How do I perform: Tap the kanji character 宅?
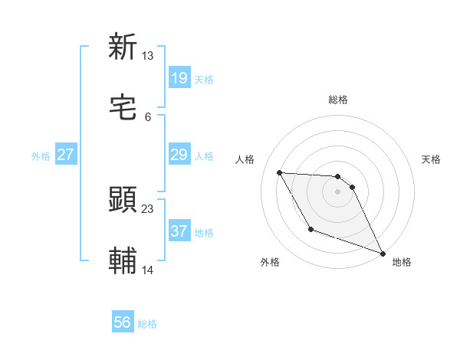click(x=123, y=109)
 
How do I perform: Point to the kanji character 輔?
click(x=123, y=261)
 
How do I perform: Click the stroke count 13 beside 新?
click(x=148, y=56)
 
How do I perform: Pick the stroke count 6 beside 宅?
click(x=148, y=117)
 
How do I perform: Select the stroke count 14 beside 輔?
click(x=148, y=270)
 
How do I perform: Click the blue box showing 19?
click(x=179, y=77)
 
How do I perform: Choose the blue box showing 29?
click(x=179, y=155)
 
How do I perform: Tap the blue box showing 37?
click(x=179, y=231)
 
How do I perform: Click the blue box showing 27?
click(x=66, y=155)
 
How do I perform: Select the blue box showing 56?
click(x=123, y=322)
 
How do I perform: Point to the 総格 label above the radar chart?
click(x=338, y=100)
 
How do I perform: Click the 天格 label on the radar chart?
click(x=431, y=159)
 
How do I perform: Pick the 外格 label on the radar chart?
click(x=270, y=262)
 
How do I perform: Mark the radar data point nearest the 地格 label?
click(x=383, y=253)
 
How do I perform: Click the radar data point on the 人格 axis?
click(x=280, y=172)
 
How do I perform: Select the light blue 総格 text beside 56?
click(x=147, y=324)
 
